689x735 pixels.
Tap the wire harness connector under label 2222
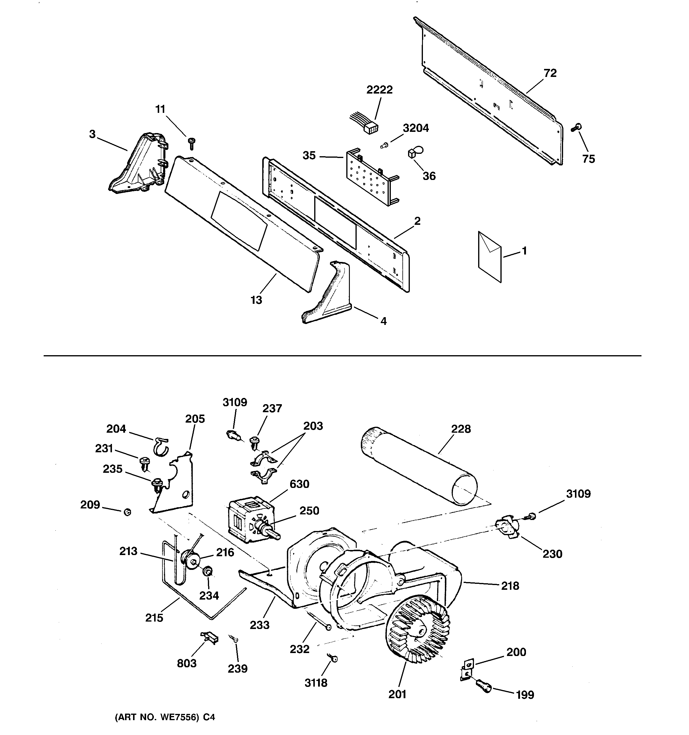point(370,128)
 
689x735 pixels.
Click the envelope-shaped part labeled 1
point(490,257)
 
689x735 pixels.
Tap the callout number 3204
point(416,128)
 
